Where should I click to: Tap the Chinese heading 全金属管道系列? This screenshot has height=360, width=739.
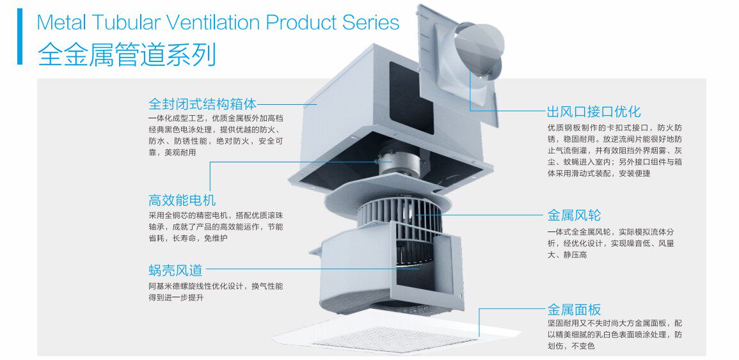coord(127,54)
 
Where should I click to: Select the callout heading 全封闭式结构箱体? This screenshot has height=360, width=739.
coord(202,104)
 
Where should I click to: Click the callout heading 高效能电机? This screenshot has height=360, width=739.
coord(182,200)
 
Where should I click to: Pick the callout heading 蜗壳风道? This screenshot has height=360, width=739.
coord(175,270)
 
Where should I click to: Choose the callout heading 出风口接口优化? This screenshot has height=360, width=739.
coord(593,112)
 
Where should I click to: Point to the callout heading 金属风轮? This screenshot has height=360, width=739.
coord(574,215)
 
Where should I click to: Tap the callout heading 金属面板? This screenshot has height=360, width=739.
coord(574,310)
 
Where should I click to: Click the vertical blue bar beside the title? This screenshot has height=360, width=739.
coord(20,36)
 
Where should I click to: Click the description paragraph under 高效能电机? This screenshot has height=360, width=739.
coord(215,226)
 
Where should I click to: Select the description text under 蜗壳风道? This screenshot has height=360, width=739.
coord(215,292)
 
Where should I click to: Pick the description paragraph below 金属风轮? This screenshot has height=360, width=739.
coord(610,243)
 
